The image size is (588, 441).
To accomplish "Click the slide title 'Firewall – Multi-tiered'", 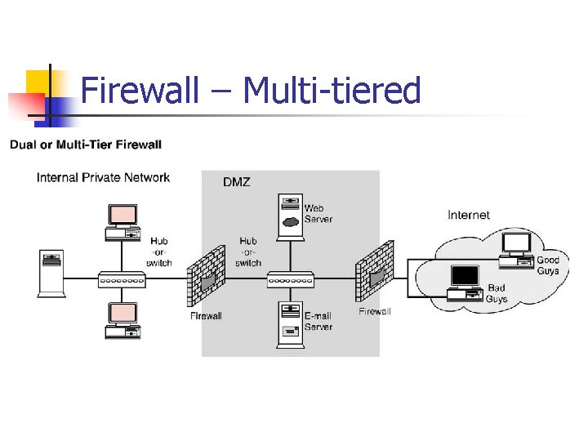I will coord(251,90).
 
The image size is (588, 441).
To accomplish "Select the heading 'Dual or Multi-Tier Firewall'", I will coord(86,145).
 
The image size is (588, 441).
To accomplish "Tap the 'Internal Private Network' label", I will coord(103,177).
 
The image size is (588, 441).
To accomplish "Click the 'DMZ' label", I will coord(236,182).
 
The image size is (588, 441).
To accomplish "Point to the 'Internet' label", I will coord(469,215).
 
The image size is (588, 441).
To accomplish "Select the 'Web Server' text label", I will coord(318,214).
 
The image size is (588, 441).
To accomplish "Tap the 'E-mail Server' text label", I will coord(318,321).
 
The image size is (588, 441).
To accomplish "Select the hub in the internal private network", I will coord(122,279).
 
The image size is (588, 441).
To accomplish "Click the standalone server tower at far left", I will coord(51,274).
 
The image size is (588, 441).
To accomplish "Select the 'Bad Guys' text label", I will coord(497,294).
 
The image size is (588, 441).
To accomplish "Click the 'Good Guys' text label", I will coord(548,265).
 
